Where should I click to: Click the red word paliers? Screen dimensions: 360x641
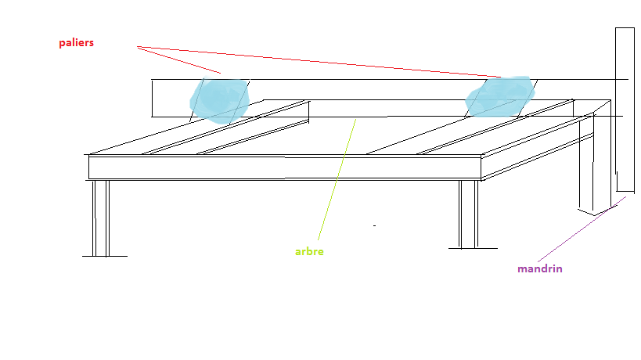click(x=76, y=43)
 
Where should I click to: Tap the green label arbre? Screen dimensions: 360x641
click(x=309, y=251)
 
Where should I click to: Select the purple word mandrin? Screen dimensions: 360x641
click(x=539, y=268)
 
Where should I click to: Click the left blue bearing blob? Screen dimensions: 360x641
click(x=220, y=99)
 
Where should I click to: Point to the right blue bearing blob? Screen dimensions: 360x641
click(x=499, y=96)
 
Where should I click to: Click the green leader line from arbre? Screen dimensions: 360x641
click(x=337, y=179)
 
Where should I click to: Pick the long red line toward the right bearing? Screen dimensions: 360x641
click(x=329, y=62)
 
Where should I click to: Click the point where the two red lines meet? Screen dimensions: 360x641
click(x=138, y=47)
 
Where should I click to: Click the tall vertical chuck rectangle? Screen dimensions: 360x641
click(x=624, y=110)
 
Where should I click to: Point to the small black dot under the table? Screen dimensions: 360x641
click(x=374, y=225)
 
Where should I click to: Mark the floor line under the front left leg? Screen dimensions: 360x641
click(x=104, y=256)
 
